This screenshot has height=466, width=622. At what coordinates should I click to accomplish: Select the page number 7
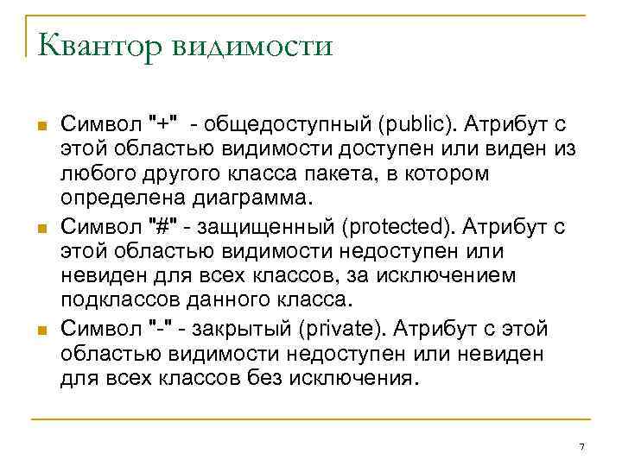click(582, 446)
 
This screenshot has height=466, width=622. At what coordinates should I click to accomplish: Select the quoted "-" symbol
click(161, 329)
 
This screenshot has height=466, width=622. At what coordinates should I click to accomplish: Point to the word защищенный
click(268, 227)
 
